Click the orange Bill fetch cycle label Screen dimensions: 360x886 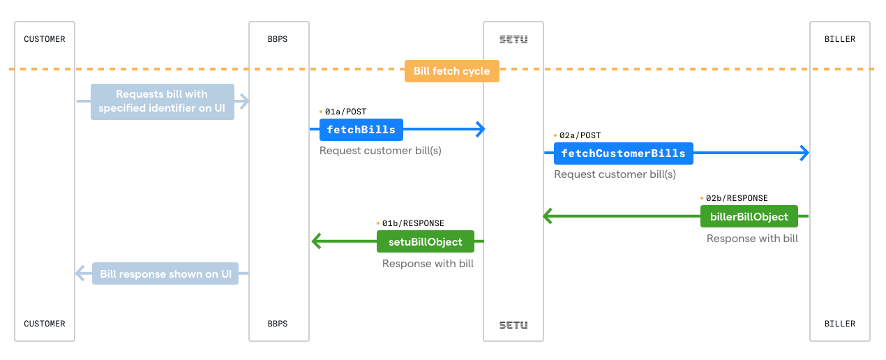451,71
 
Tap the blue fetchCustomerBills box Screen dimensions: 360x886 623,153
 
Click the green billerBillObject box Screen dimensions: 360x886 749,216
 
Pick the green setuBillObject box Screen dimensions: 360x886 425,241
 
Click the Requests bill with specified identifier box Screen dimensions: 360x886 162,101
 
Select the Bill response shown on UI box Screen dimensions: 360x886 165,274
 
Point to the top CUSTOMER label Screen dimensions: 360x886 45,39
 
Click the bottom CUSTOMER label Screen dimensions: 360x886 45,324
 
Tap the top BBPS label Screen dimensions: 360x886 278,39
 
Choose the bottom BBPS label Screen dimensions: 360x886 278,324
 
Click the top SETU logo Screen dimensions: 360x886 513,39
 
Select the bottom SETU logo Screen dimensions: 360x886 513,324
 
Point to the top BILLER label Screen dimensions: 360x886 839,39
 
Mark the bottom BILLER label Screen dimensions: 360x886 839,324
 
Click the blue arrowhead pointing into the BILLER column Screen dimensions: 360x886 804,153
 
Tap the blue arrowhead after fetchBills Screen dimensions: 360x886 479,129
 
